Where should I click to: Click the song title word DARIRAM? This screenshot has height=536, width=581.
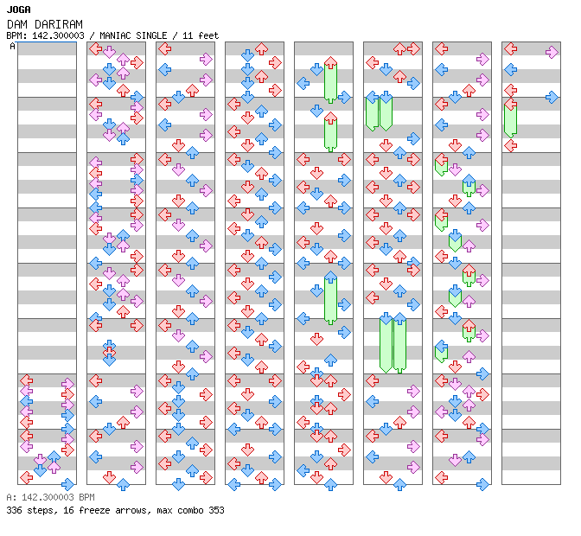[x=59, y=24]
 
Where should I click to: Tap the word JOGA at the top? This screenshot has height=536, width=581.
[x=18, y=10]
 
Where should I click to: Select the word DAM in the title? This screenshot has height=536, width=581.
[x=17, y=24]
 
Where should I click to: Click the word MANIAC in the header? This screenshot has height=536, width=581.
[x=115, y=35]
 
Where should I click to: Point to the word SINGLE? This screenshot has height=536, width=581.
[x=151, y=35]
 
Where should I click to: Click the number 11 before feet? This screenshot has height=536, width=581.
[x=188, y=35]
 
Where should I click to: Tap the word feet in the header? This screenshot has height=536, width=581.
[x=208, y=35]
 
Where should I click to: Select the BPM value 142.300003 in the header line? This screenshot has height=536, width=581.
[x=58, y=35]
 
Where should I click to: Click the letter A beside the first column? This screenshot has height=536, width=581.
[x=13, y=46]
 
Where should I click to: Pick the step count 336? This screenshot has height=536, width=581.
[x=14, y=510]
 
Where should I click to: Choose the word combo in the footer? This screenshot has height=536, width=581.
[x=190, y=510]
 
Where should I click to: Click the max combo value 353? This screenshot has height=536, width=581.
[x=216, y=510]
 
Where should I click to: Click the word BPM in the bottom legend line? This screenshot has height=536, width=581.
[x=86, y=497]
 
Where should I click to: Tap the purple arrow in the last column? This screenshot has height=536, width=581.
[x=552, y=52]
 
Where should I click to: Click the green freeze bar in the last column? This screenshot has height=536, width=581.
[x=510, y=119]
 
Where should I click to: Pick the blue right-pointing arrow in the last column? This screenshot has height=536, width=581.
[x=552, y=97]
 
